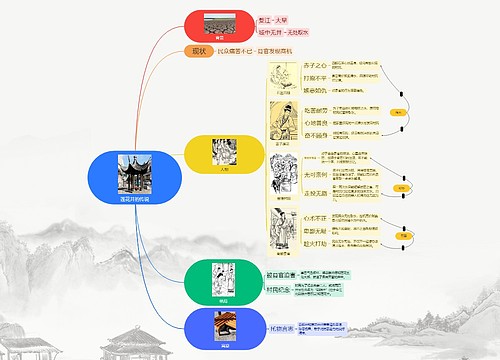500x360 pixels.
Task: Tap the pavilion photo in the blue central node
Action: pos(134,173)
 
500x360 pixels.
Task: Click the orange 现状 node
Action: pos(196,51)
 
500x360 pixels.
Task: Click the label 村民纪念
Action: pos(279,290)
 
